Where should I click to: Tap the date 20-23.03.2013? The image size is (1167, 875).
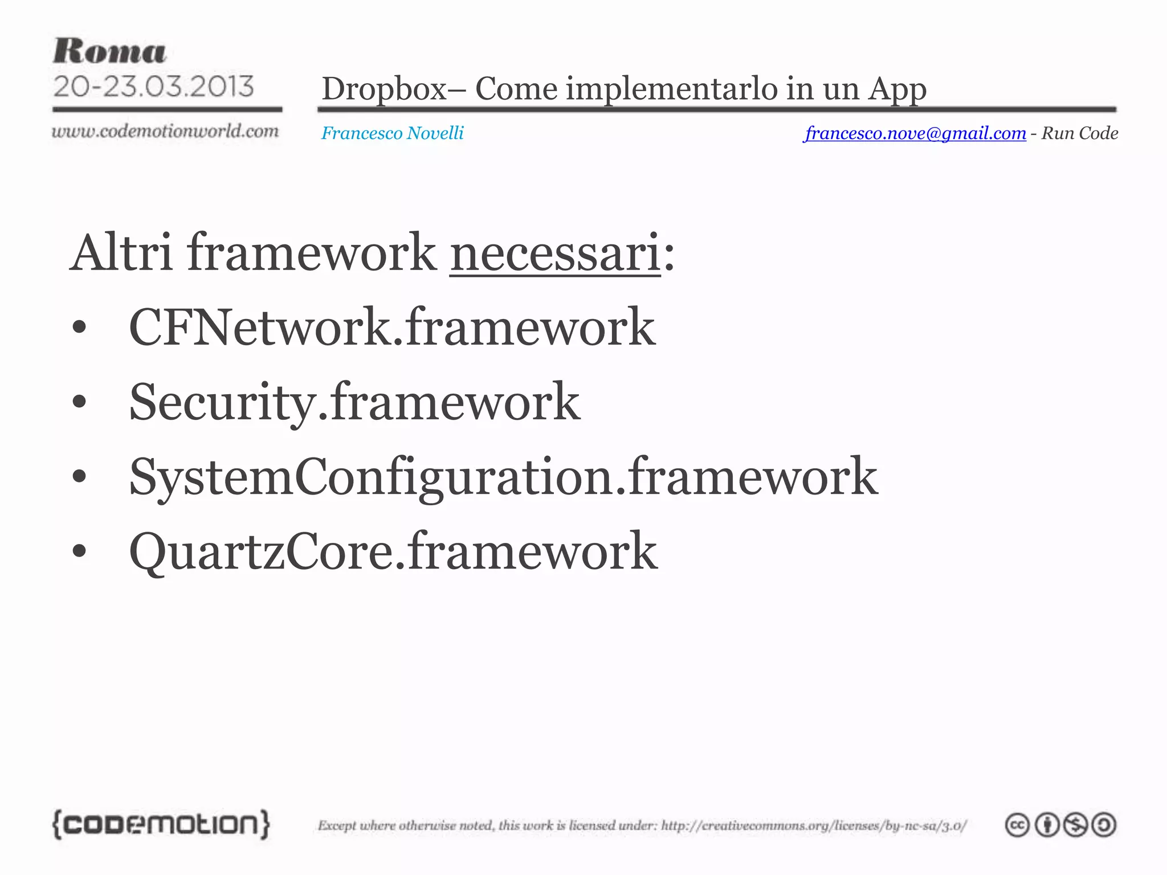coord(153,87)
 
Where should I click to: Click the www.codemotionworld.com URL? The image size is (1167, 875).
coord(165,131)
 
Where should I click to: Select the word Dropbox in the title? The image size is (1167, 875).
coord(384,89)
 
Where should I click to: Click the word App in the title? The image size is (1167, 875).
coord(897,89)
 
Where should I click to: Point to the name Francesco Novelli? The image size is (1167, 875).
coord(392,133)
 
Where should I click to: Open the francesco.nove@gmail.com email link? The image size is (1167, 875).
coord(915,133)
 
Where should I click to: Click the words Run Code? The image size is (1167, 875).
coord(1079,133)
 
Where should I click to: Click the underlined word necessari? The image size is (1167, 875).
coord(555,253)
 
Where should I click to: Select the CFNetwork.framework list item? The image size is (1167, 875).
coord(392,327)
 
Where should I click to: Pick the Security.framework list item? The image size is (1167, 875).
coord(354,402)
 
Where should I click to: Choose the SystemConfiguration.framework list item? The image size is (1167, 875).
coord(503,477)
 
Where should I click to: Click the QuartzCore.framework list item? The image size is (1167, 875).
coord(393,551)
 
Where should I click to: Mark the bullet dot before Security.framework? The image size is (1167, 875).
coord(79,402)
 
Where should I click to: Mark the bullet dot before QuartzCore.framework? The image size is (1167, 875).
coord(79,551)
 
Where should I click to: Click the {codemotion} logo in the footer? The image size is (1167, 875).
coord(161,824)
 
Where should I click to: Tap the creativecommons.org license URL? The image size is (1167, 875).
coord(814,825)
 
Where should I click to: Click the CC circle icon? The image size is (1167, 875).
coord(1017,825)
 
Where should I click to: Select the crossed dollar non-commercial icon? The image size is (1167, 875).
coord(1075,825)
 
